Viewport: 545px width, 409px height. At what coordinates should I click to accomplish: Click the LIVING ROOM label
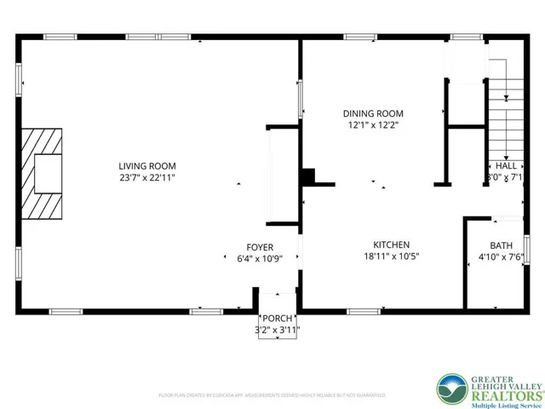click(x=147, y=166)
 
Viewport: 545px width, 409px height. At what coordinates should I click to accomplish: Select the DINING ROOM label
click(x=373, y=113)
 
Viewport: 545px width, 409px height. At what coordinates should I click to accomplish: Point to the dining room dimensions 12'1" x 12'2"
click(x=373, y=124)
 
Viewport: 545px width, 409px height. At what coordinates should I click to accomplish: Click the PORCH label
click(x=278, y=320)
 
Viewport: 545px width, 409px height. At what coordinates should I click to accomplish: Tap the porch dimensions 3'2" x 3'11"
click(x=278, y=331)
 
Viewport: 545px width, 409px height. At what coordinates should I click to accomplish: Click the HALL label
click(x=506, y=166)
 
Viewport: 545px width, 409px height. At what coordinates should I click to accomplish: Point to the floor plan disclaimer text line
click(x=272, y=395)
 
